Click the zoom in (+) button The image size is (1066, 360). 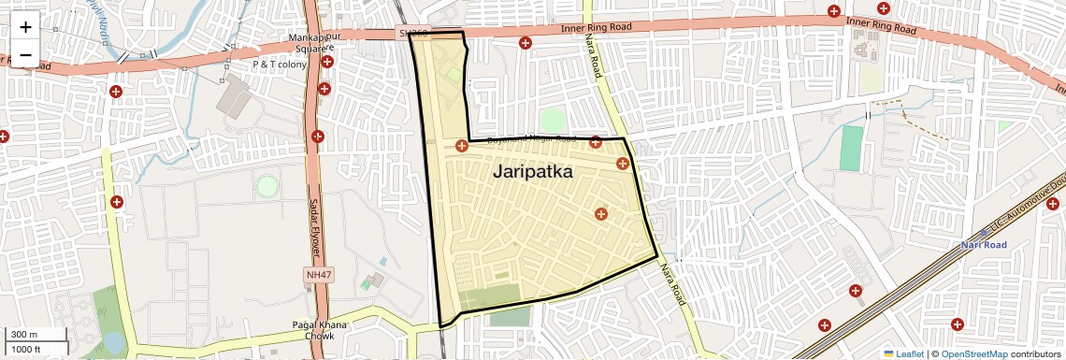tap(25, 26)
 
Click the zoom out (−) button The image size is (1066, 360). tap(25, 54)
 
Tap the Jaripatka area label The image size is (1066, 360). tap(532, 172)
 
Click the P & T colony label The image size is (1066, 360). tap(280, 65)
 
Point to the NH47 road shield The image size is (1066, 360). tap(318, 275)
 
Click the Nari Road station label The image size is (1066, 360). tap(982, 245)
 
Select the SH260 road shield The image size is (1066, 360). tap(412, 34)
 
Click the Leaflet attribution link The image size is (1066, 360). tap(902, 353)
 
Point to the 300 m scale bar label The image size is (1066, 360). tap(24, 334)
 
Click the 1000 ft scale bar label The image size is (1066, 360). tap(27, 349)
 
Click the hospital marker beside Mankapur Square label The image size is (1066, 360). tap(327, 63)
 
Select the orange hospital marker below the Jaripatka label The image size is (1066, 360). tap(600, 214)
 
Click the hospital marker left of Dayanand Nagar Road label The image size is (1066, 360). tap(461, 145)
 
